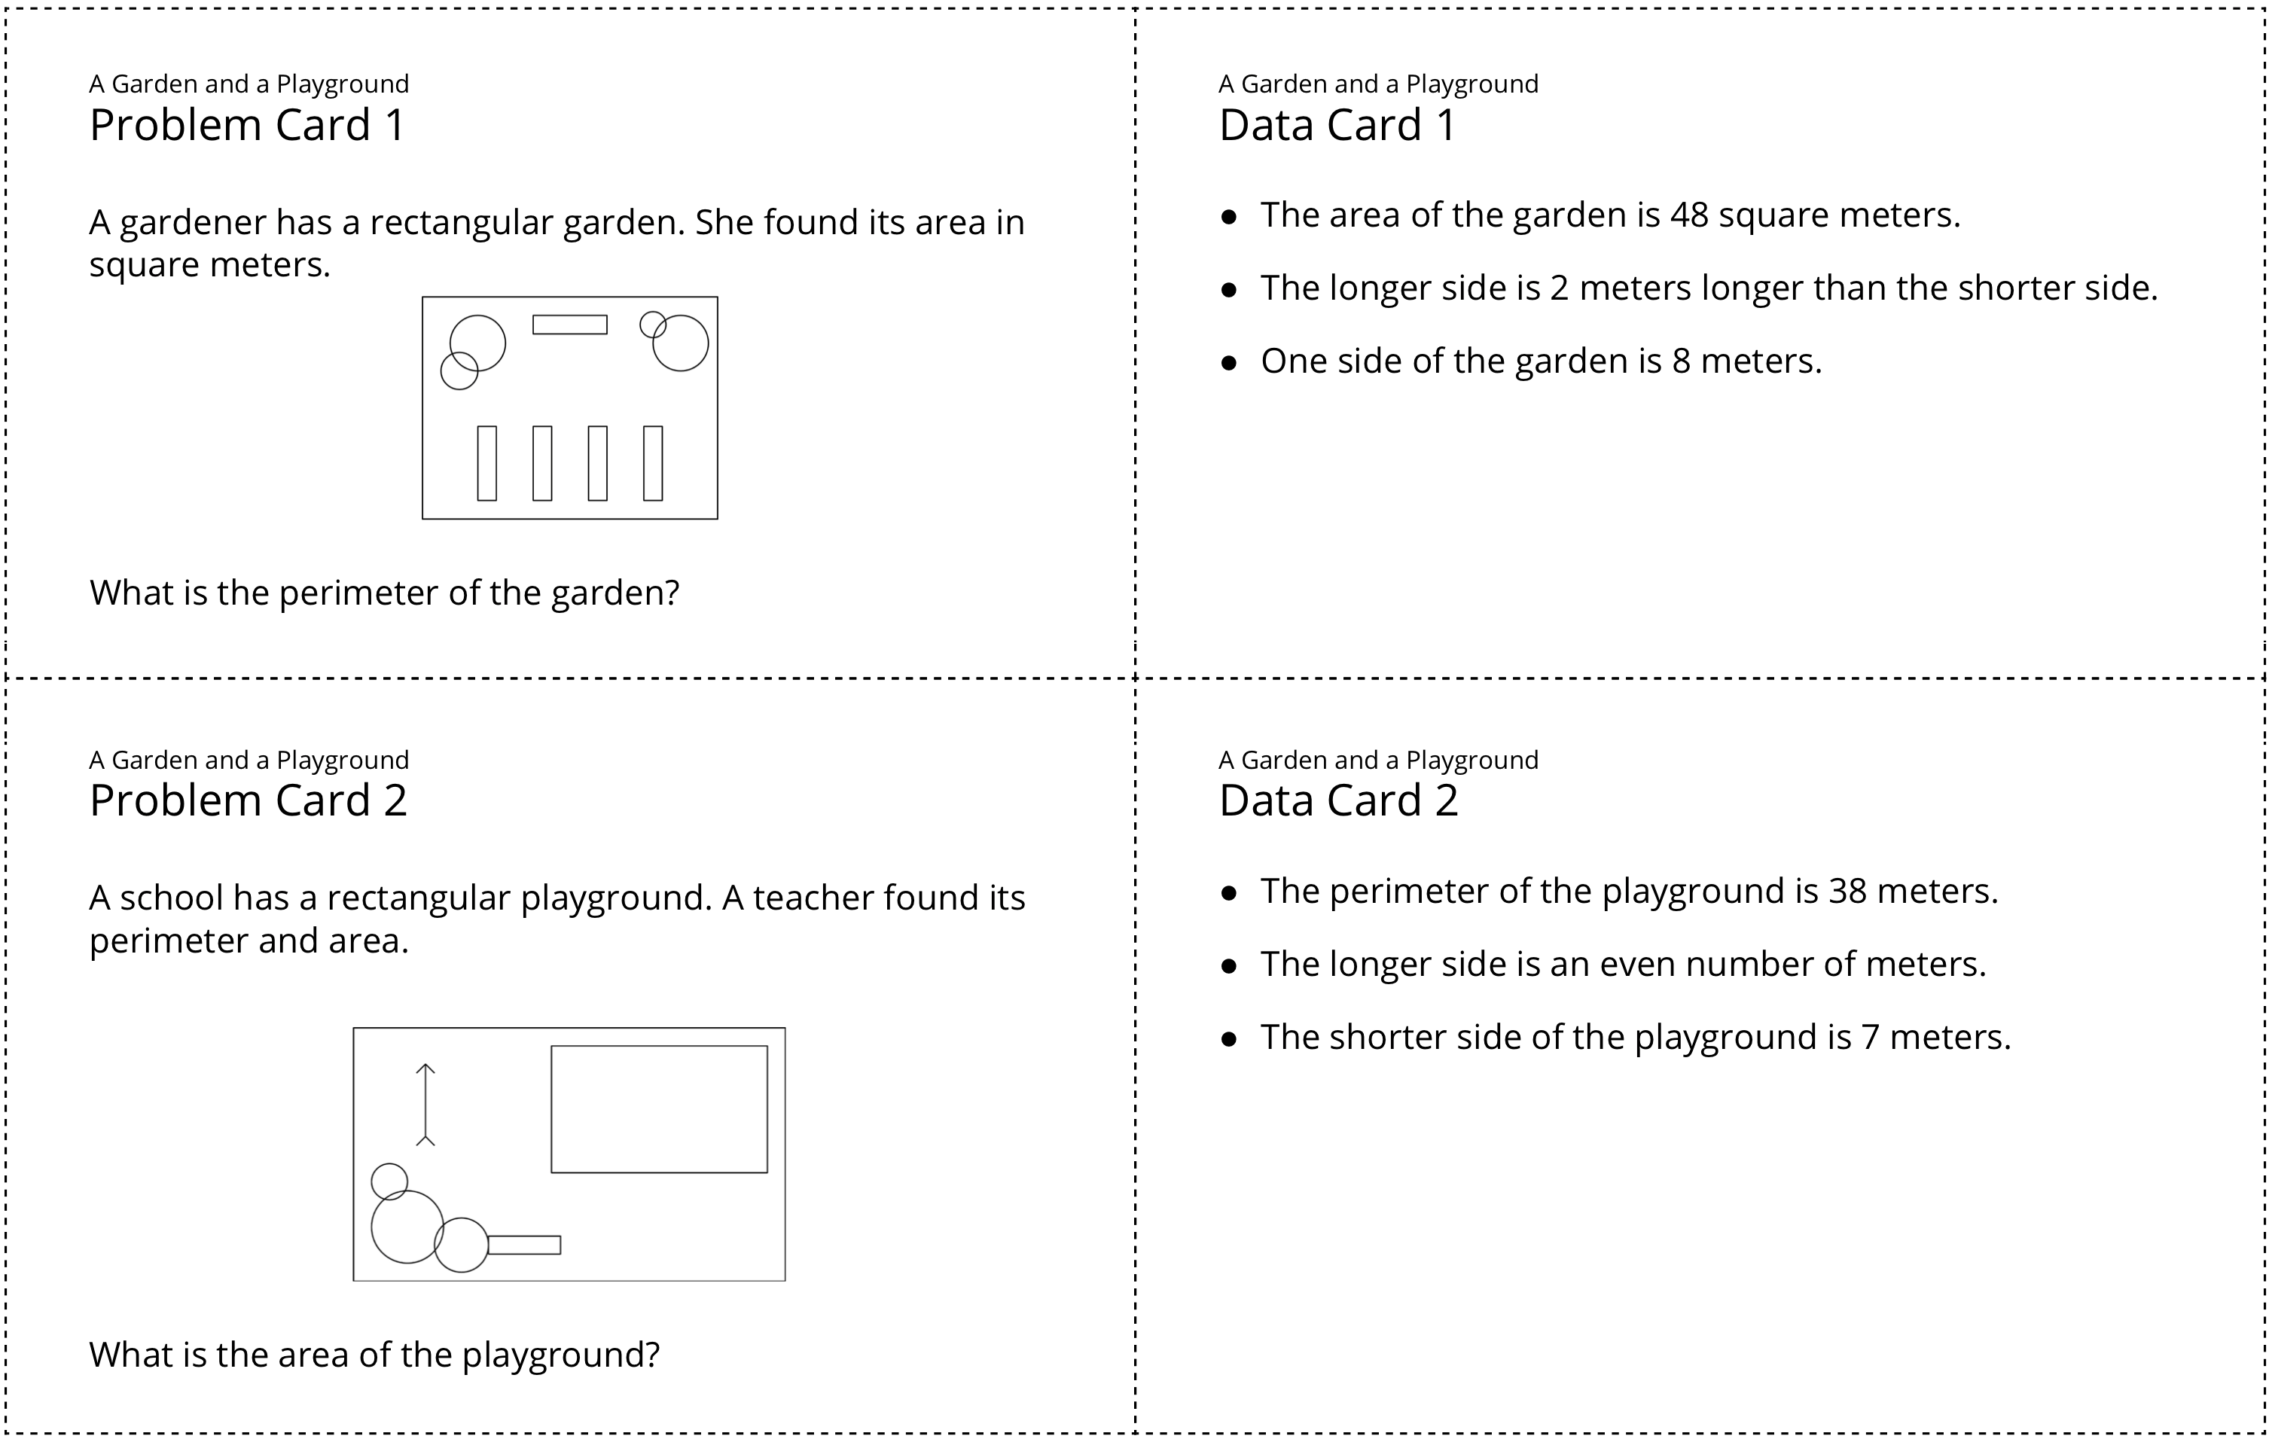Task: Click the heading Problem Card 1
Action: (x=247, y=126)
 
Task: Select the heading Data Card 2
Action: (x=1338, y=801)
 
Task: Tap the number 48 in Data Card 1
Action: (x=1689, y=215)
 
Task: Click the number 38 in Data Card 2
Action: (x=1847, y=891)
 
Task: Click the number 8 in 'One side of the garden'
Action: (x=1682, y=361)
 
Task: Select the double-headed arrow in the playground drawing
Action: (x=425, y=1104)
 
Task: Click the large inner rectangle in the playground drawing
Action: (x=659, y=1109)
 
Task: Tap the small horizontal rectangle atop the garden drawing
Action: (x=570, y=325)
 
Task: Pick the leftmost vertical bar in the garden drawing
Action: (x=486, y=463)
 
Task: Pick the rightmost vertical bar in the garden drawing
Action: (x=653, y=463)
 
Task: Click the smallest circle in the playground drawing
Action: (x=389, y=1181)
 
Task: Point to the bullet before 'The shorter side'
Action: (x=1228, y=1039)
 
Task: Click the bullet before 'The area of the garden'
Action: (x=1228, y=217)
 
